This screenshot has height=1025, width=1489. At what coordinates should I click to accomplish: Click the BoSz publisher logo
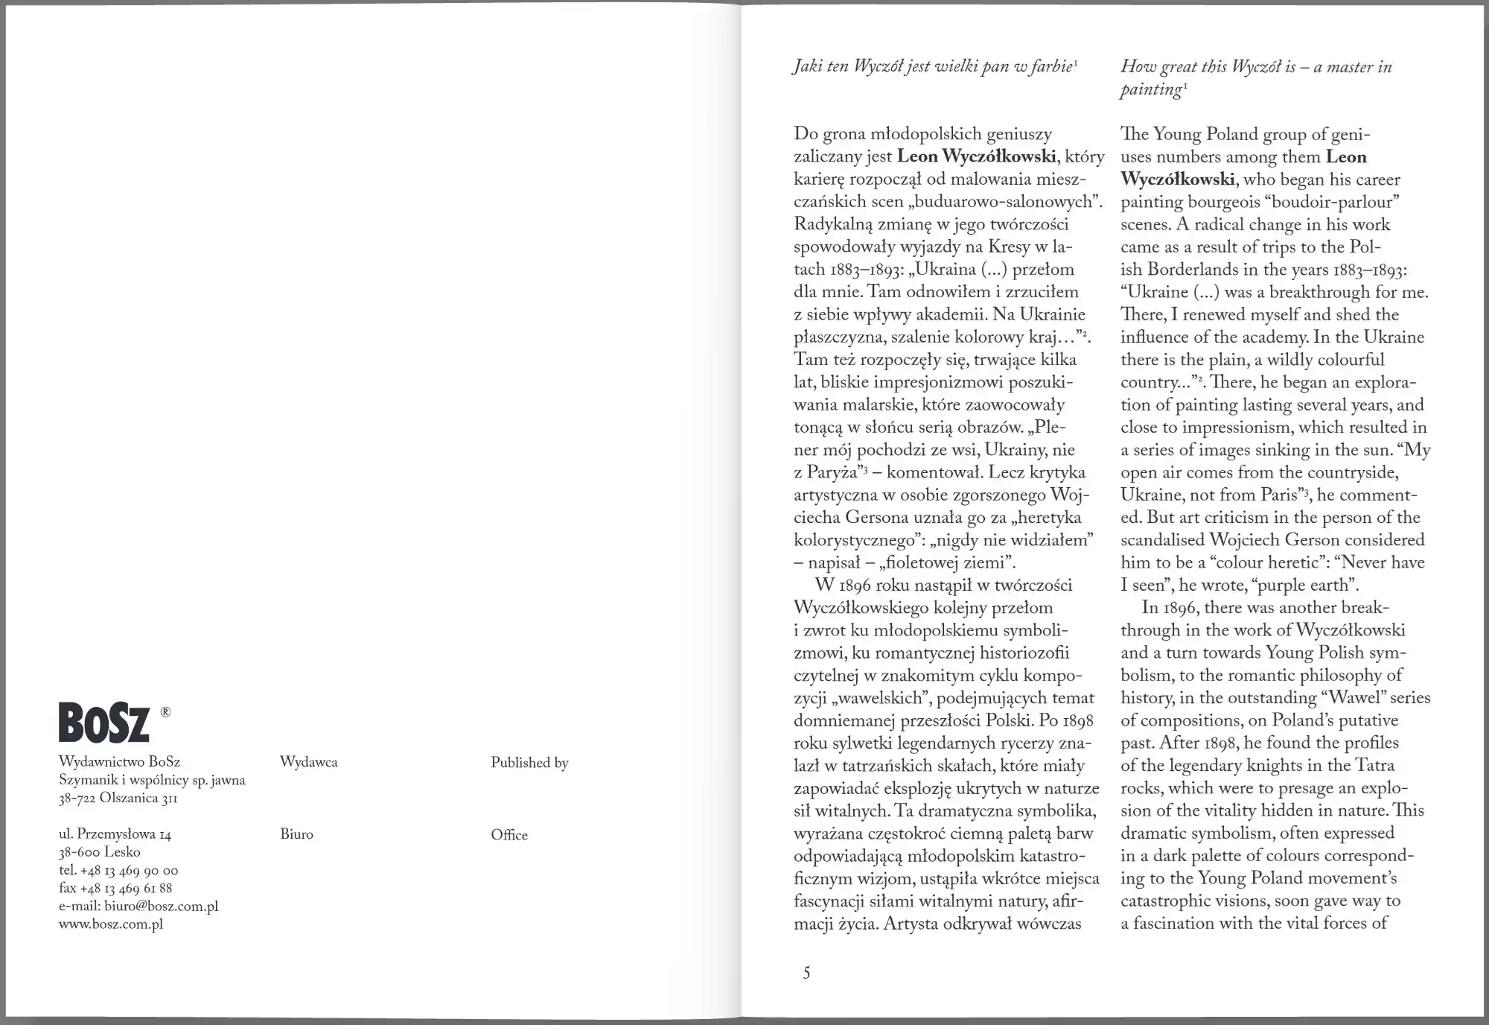pyautogui.click(x=104, y=722)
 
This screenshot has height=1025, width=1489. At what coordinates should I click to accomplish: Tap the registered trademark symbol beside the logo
pyautogui.click(x=165, y=712)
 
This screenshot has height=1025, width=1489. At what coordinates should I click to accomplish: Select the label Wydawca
pyautogui.click(x=309, y=762)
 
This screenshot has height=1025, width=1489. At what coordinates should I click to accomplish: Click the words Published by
pyautogui.click(x=529, y=762)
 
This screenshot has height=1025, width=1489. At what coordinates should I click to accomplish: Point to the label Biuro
pyautogui.click(x=296, y=834)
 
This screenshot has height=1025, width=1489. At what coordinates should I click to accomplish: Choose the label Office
pyautogui.click(x=509, y=835)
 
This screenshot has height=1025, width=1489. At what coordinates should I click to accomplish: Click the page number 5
pyautogui.click(x=806, y=973)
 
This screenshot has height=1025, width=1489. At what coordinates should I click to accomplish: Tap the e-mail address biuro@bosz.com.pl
pyautogui.click(x=138, y=907)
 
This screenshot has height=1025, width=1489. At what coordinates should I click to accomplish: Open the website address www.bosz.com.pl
pyautogui.click(x=111, y=924)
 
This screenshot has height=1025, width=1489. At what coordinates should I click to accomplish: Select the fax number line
pyautogui.click(x=115, y=888)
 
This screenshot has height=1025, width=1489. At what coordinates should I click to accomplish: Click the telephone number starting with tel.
pyautogui.click(x=118, y=870)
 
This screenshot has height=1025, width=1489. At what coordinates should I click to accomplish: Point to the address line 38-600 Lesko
pyautogui.click(x=100, y=852)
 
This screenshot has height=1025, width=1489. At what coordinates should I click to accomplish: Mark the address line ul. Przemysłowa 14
pyautogui.click(x=115, y=834)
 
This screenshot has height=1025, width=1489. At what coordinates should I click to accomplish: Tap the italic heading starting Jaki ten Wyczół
pyautogui.click(x=935, y=67)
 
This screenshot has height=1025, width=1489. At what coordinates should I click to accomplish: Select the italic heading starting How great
pyautogui.click(x=1256, y=77)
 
